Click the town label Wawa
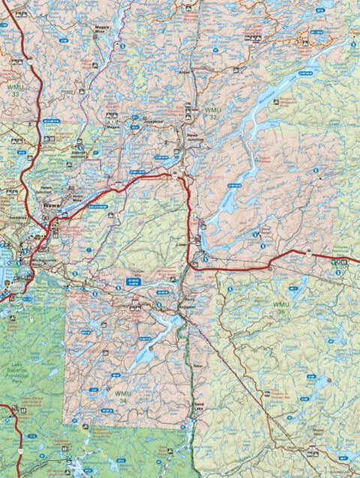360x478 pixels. point(51,204)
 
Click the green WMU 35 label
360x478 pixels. point(280,308)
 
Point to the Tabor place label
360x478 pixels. point(197,365)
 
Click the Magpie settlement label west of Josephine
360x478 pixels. point(112,127)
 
